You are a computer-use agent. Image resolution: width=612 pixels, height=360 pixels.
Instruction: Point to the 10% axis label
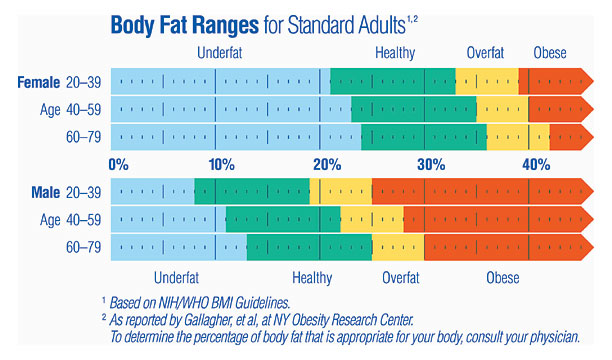coord(221,164)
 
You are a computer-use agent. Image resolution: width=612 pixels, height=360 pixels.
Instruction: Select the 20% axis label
coord(326,164)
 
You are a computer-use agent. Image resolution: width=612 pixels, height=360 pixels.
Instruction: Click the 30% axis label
coord(431,164)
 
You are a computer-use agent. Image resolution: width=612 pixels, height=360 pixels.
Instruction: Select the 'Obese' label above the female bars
coord(550,52)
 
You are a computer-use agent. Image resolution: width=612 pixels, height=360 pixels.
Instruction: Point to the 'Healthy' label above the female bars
coord(397,52)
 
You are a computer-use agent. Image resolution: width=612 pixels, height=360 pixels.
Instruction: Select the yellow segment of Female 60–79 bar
coord(518,137)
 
